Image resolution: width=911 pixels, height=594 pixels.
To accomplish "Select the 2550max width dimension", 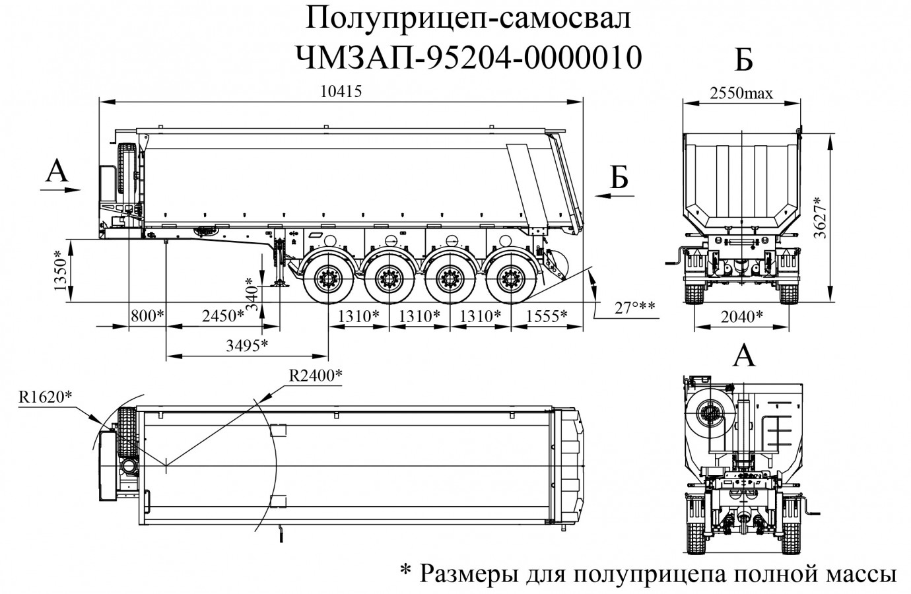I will (x=741, y=92).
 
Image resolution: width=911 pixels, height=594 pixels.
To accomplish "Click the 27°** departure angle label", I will (x=633, y=308).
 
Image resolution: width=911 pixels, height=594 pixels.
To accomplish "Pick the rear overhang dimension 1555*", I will (x=545, y=317).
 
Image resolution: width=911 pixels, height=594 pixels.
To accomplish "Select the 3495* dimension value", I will (x=246, y=345).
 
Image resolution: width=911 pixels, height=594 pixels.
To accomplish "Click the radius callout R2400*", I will (x=316, y=375).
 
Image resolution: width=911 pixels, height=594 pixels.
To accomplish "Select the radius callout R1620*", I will (x=44, y=397).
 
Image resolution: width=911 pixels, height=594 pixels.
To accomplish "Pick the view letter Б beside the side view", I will (x=618, y=178).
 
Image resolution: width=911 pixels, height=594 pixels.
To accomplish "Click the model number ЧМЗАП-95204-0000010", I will (x=469, y=58).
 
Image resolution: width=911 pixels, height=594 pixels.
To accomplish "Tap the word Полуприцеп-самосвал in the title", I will (x=469, y=19).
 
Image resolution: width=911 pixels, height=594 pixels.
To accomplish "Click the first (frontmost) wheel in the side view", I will (x=328, y=279).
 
